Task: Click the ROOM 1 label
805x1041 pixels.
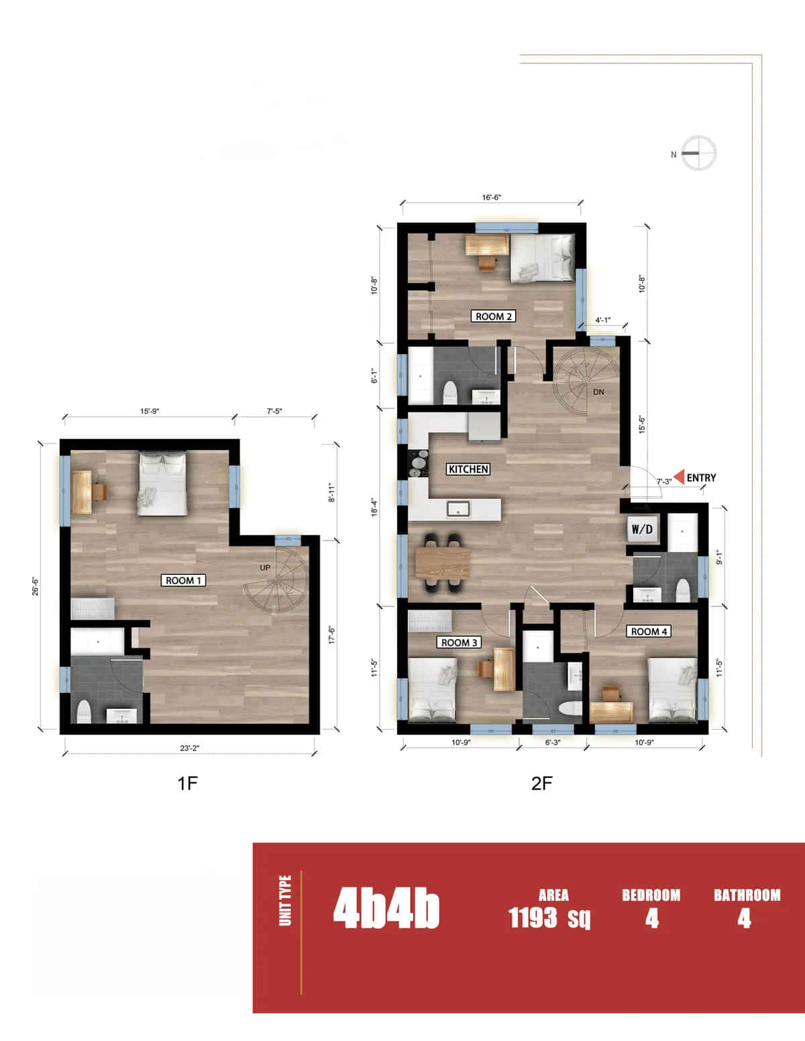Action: click(183, 580)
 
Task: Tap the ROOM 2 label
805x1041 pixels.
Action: click(494, 316)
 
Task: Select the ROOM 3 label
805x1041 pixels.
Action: click(459, 643)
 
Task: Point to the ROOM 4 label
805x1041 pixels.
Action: click(649, 631)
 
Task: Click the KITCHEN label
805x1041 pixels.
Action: click(468, 470)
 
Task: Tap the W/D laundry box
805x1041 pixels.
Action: click(642, 529)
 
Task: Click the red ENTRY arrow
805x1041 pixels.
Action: click(679, 477)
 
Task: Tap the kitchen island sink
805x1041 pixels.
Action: click(458, 509)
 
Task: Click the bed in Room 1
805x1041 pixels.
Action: click(163, 484)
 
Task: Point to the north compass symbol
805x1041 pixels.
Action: click(698, 153)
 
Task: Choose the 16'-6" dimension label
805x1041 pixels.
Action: click(492, 197)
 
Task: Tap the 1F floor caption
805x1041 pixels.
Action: click(188, 783)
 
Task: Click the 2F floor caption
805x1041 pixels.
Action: click(542, 783)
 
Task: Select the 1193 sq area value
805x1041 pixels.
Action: click(549, 917)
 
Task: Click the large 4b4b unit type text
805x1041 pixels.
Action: click(386, 910)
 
